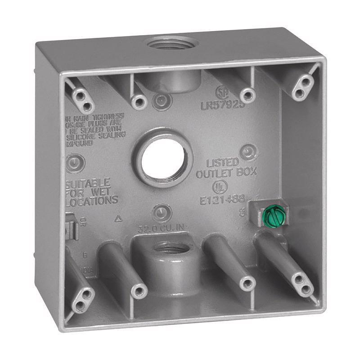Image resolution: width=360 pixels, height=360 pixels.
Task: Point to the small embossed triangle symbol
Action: tap(119, 219)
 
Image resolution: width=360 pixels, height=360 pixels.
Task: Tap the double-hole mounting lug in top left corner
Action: tap(82, 100)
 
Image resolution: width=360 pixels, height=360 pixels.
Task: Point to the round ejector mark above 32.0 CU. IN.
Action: tap(160, 211)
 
